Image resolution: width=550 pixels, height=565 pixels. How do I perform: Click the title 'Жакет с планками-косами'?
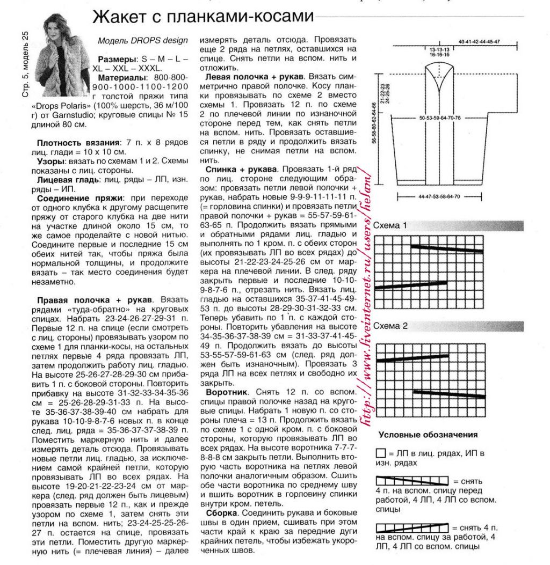pyautogui.click(x=203, y=17)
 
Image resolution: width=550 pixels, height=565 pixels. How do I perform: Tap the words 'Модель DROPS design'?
pyautogui.click(x=143, y=40)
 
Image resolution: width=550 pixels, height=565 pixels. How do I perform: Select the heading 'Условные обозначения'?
pyautogui.click(x=428, y=435)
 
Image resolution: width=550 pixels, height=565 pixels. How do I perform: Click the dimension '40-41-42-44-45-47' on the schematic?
pyautogui.click(x=479, y=41)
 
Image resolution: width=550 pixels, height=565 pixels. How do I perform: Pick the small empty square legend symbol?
pyautogui.click(x=381, y=453)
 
